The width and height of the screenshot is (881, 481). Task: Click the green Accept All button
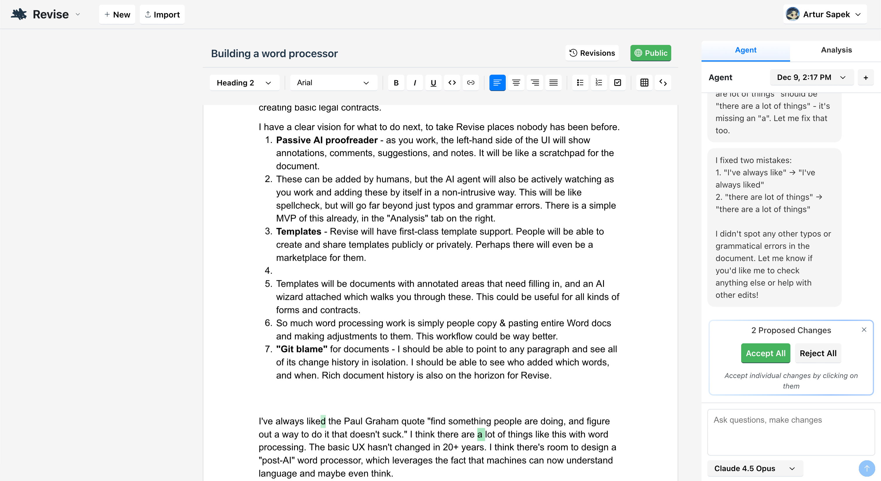coord(765,353)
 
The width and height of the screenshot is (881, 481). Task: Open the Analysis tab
coord(836,50)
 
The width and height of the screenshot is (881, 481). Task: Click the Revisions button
coord(592,53)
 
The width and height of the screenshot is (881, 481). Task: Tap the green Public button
coord(651,53)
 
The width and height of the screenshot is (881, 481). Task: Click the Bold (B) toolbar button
coord(396,83)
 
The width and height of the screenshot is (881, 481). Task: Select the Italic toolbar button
coord(415,83)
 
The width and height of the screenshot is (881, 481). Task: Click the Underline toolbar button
coord(433,83)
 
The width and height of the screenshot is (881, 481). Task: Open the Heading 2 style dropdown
coord(244,83)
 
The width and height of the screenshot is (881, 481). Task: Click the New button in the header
coord(117,14)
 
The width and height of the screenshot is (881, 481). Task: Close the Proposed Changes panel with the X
coord(864,330)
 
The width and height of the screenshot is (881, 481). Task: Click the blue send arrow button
coord(867,468)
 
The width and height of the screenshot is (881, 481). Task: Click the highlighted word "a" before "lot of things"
coord(480,434)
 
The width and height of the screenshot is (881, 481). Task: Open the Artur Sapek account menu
coord(824,14)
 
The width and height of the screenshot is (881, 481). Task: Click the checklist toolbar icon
coord(618,83)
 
